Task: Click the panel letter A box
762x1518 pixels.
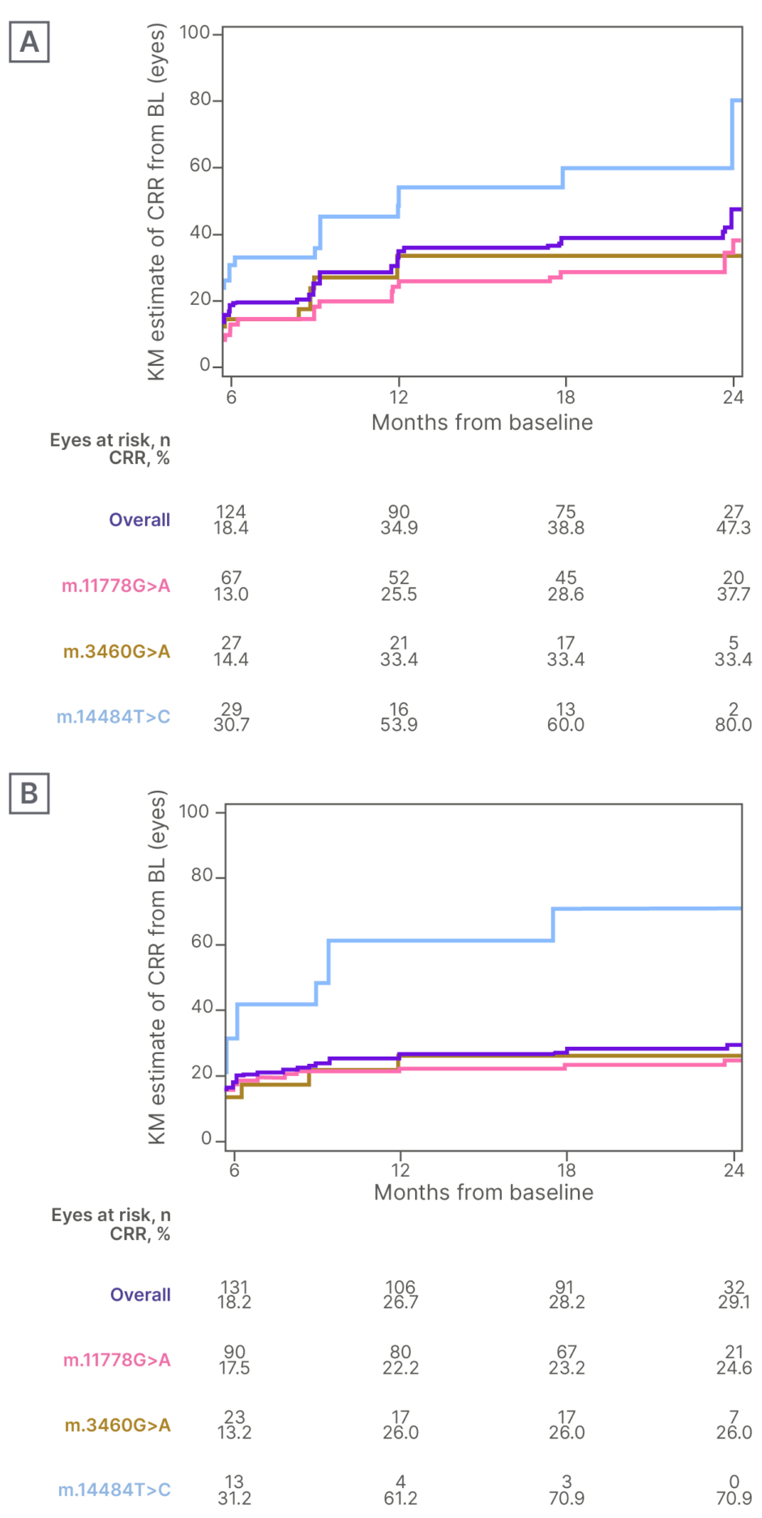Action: point(29,42)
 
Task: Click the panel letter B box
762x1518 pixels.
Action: point(29,793)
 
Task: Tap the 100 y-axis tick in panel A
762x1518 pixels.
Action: point(195,32)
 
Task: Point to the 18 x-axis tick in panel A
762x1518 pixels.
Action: point(565,397)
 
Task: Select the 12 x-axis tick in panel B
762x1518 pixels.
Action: point(400,1169)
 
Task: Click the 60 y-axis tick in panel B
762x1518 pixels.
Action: point(202,942)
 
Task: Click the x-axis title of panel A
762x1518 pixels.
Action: point(482,422)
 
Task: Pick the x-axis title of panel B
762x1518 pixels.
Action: point(483,1192)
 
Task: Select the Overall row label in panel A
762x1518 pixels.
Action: point(139,520)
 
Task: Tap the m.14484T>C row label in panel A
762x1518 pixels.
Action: point(113,717)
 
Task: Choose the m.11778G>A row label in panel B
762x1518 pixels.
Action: point(117,1360)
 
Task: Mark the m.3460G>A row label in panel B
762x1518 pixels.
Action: point(118,1425)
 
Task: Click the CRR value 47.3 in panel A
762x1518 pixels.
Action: point(734,528)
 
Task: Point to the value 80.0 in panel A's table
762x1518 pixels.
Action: point(734,725)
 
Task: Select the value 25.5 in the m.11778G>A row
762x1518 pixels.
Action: point(399,594)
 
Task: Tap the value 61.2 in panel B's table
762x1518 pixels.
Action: point(400,1498)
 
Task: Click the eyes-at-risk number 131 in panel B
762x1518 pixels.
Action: point(234,1287)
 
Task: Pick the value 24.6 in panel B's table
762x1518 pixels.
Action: point(734,1368)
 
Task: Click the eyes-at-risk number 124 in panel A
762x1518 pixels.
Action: point(231,512)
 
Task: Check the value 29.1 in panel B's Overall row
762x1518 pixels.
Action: point(734,1302)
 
